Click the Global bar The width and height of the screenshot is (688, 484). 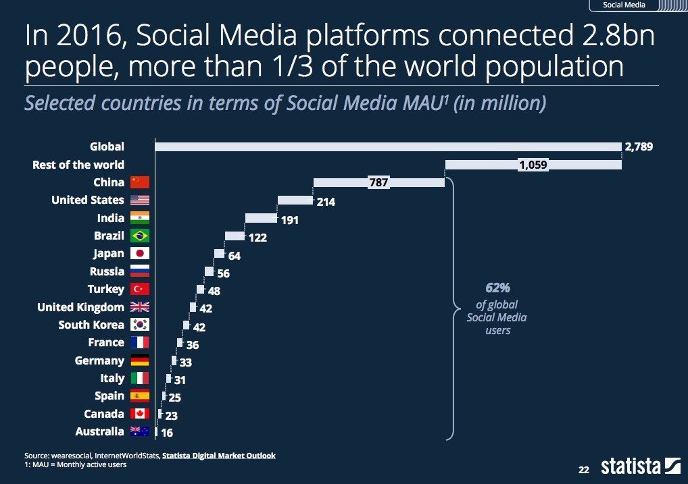coord(387,146)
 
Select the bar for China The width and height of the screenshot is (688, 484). coord(378,182)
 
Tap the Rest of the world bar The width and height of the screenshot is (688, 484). coord(533,165)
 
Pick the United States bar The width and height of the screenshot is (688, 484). coord(295,200)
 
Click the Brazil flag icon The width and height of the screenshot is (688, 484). coord(140,236)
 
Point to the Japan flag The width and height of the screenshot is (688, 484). coord(140,254)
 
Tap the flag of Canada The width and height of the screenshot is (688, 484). coord(140,414)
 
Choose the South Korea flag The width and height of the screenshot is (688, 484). coord(140,325)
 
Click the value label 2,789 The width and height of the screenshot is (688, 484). coord(639,146)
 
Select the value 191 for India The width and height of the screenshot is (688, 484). coord(289,219)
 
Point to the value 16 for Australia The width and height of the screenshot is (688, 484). coord(166,432)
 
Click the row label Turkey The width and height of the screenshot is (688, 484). coord(106,289)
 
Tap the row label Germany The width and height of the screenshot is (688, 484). coord(99,360)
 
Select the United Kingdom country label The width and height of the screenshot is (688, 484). coord(80,307)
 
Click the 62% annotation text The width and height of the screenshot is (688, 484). coord(497,288)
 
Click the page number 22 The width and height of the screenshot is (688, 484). coord(584,468)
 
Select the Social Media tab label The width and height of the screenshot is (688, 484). coord(623,5)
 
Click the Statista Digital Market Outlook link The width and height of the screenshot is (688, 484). coord(219,456)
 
